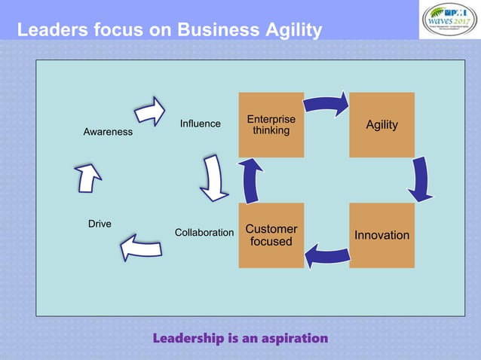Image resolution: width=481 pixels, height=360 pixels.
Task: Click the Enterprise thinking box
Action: [x=271, y=124]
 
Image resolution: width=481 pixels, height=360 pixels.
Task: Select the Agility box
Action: [x=381, y=124]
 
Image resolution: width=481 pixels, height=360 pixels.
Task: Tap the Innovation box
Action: [x=381, y=235]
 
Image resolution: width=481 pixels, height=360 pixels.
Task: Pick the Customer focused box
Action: [x=271, y=235]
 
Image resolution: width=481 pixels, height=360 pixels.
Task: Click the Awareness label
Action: [x=108, y=132]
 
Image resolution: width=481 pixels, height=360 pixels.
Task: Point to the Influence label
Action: [x=200, y=124]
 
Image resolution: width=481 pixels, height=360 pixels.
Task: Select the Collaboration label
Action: [x=204, y=233]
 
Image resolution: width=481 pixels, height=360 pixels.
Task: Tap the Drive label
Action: [x=100, y=224]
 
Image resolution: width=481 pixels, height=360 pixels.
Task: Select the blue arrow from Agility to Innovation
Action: [x=421, y=180]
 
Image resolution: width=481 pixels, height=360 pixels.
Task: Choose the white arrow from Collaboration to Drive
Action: [x=141, y=247]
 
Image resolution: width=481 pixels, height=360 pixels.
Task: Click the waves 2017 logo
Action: [x=450, y=20]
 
